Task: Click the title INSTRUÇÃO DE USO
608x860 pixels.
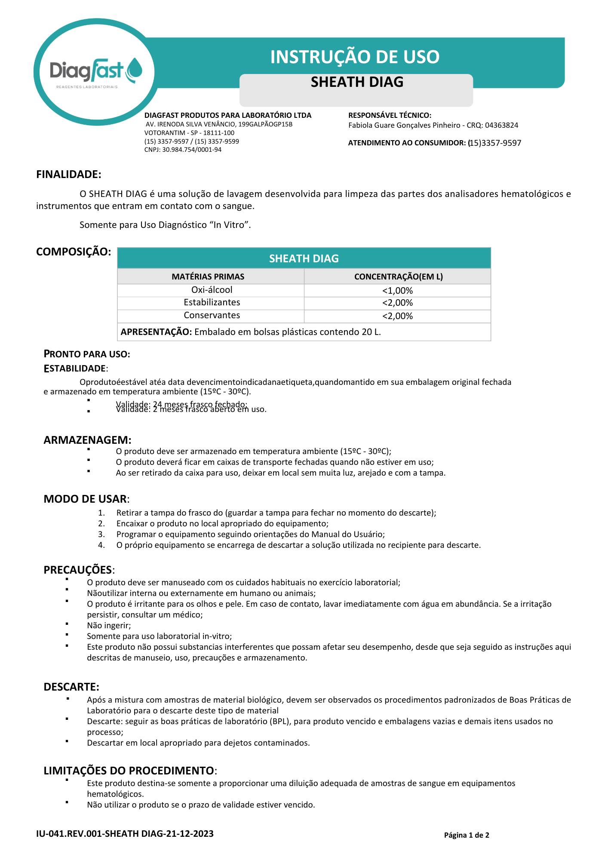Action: (355, 57)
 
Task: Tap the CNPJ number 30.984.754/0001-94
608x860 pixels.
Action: (192, 150)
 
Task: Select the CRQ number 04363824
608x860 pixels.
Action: (501, 125)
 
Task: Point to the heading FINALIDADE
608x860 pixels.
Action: (69, 174)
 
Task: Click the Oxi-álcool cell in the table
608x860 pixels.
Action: (212, 290)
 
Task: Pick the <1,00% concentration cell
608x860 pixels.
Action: (397, 291)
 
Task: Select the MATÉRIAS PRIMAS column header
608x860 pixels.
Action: (208, 276)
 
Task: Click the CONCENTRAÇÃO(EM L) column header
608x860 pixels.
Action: (398, 276)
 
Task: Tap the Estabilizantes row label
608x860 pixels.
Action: (212, 302)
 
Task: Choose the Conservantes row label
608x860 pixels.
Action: (212, 315)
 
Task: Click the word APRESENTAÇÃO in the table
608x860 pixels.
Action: (156, 332)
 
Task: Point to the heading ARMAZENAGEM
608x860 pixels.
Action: (87, 440)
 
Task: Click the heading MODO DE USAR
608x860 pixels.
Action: (86, 499)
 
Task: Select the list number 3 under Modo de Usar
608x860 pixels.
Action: (101, 534)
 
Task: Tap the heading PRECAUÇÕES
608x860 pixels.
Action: (78, 570)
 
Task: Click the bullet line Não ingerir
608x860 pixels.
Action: (109, 625)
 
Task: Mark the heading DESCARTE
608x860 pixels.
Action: (71, 687)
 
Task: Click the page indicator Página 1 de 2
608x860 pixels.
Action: (467, 835)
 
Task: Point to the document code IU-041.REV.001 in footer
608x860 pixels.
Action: (69, 834)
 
